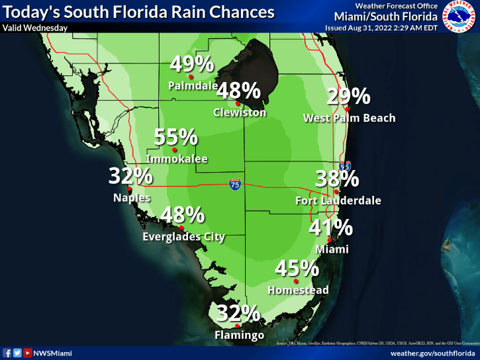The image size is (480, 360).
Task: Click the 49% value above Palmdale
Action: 191,64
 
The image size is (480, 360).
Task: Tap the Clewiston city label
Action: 240,112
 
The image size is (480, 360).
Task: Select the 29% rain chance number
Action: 348,97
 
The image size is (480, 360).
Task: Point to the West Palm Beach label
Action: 349,118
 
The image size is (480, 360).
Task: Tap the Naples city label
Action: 132,197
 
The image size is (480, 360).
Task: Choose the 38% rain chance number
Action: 337,179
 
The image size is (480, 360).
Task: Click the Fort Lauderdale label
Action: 338,201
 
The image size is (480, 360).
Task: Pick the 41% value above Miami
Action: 331,228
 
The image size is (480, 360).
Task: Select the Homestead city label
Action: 298,290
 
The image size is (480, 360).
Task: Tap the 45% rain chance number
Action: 297,269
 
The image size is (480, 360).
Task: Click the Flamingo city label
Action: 240,336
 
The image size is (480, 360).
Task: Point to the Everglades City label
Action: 184,237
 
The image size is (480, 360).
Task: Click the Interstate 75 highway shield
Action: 235,184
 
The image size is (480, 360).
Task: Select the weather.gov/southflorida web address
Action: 433,353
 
